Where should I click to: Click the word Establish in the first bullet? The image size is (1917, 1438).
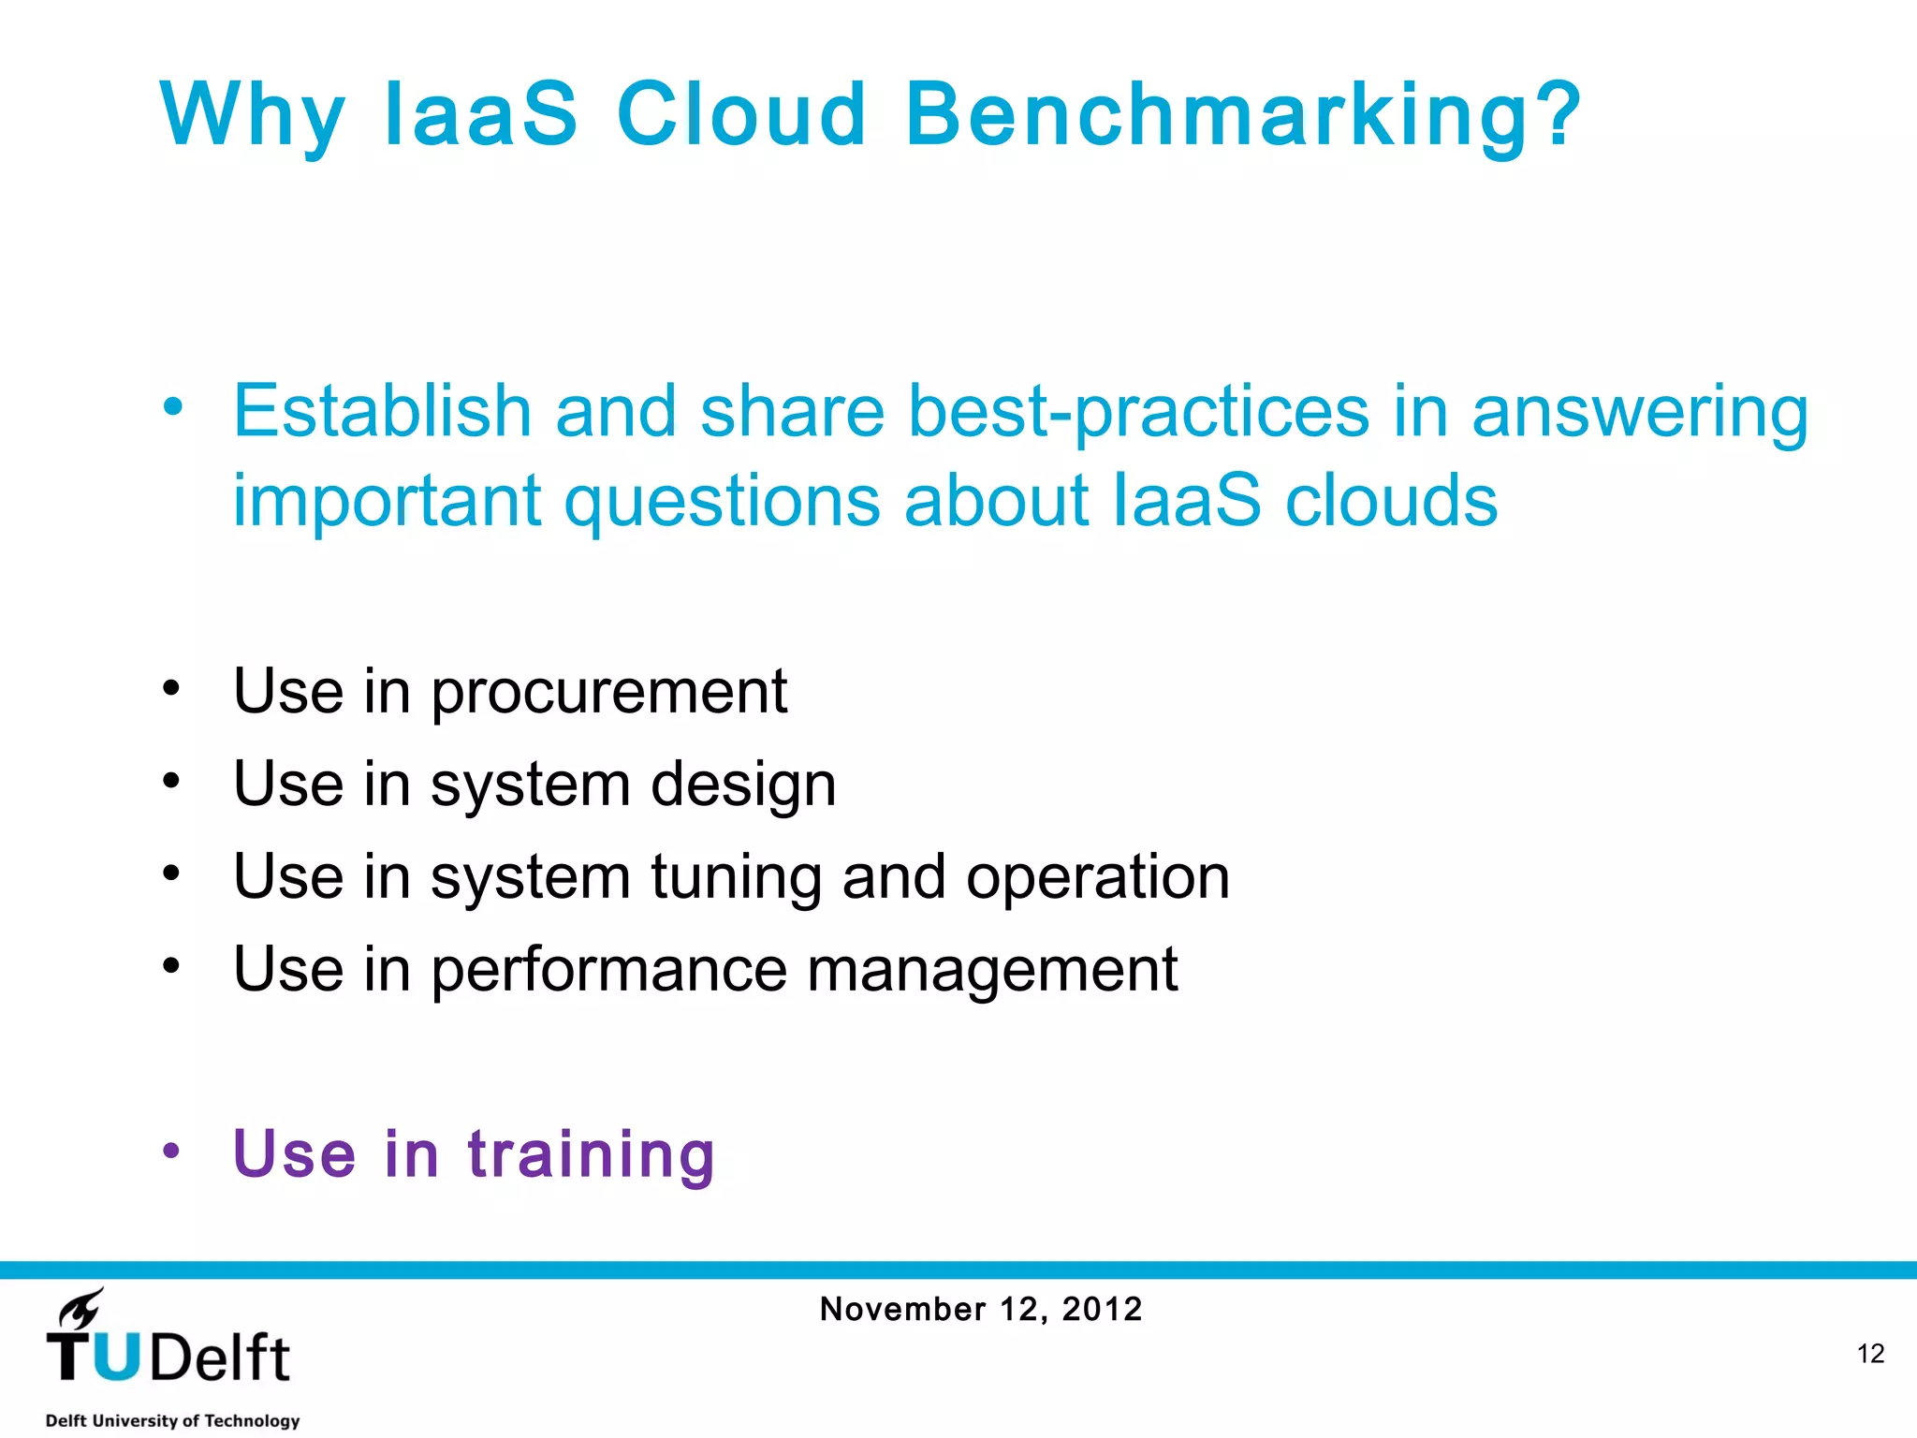pyautogui.click(x=382, y=411)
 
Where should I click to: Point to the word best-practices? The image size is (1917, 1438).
pyautogui.click(x=1138, y=413)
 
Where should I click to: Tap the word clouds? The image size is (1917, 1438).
pyautogui.click(x=1391, y=500)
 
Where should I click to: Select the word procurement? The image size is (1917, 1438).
pyautogui.click(x=608, y=694)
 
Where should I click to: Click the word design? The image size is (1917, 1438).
pyautogui.click(x=742, y=785)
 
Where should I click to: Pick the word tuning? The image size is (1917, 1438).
pyautogui.click(x=735, y=879)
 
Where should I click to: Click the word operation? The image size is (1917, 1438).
pyautogui.click(x=1097, y=877)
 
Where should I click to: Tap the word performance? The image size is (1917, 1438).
pyautogui.click(x=608, y=971)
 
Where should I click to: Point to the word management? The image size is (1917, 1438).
pyautogui.click(x=991, y=971)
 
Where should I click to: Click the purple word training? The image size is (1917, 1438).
pyautogui.click(x=591, y=1154)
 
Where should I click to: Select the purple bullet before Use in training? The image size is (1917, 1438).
pyautogui.click(x=170, y=1151)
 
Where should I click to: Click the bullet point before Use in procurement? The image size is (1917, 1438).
pyautogui.click(x=170, y=688)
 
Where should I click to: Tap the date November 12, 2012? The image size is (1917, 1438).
pyautogui.click(x=980, y=1309)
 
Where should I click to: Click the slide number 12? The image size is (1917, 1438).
pyautogui.click(x=1869, y=1354)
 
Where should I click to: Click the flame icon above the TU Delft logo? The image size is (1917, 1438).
pyautogui.click(x=80, y=1308)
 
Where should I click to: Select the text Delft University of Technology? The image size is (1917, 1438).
pyautogui.click(x=172, y=1420)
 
